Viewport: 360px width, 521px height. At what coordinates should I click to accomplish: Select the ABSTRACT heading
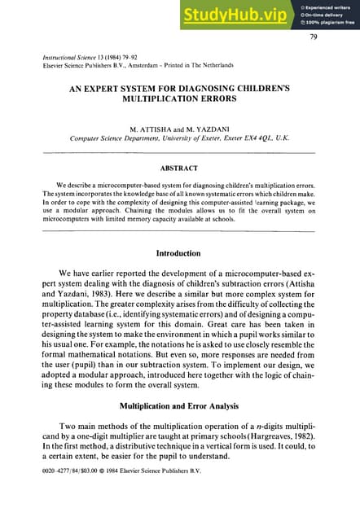[x=179, y=168]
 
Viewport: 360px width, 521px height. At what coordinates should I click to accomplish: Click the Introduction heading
[x=179, y=253]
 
